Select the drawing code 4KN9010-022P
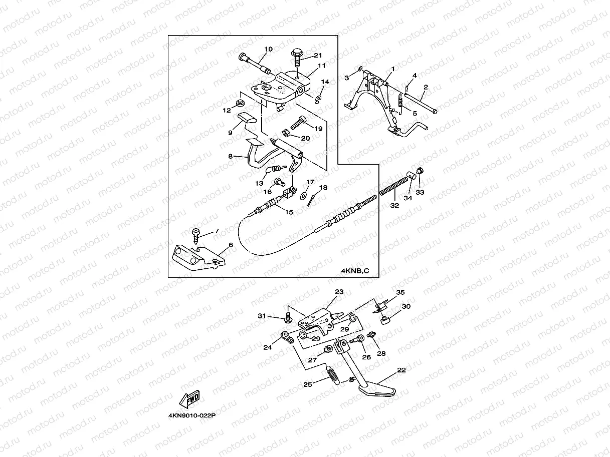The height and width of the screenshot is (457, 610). click(x=195, y=415)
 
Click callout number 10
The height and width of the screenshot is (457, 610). click(x=268, y=49)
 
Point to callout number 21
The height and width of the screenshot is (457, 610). click(x=318, y=55)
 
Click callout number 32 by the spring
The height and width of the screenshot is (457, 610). click(x=394, y=205)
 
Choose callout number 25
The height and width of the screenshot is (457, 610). click(x=307, y=384)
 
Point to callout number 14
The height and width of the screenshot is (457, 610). click(x=325, y=82)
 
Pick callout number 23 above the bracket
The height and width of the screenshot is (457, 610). click(x=339, y=292)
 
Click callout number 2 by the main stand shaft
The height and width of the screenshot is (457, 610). click(x=425, y=87)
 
